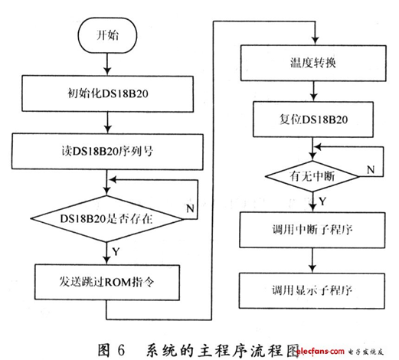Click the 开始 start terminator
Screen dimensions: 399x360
(107, 35)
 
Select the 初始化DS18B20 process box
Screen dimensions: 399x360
(107, 93)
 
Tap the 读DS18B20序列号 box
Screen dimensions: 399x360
(107, 152)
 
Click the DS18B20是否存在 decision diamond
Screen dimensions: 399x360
(107, 219)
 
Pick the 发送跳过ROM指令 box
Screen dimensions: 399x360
(107, 282)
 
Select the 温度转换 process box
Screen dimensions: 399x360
(313, 63)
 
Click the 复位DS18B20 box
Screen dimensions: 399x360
(313, 119)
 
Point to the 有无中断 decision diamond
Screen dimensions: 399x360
(312, 176)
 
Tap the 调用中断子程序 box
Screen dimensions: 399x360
(312, 230)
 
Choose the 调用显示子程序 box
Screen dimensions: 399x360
(312, 290)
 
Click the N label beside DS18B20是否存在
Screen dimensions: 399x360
(191, 208)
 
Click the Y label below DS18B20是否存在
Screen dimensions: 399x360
(116, 252)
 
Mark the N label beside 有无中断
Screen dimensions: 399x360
(371, 169)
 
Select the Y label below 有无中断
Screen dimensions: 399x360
(322, 201)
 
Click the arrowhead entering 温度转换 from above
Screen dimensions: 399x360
(316, 41)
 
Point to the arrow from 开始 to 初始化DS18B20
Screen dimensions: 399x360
(107, 64)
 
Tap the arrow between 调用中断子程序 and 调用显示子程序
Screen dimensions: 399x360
(312, 260)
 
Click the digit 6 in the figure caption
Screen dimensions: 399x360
(121, 350)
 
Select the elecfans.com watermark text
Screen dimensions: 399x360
(320, 352)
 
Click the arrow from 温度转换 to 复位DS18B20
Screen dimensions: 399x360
(314, 91)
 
